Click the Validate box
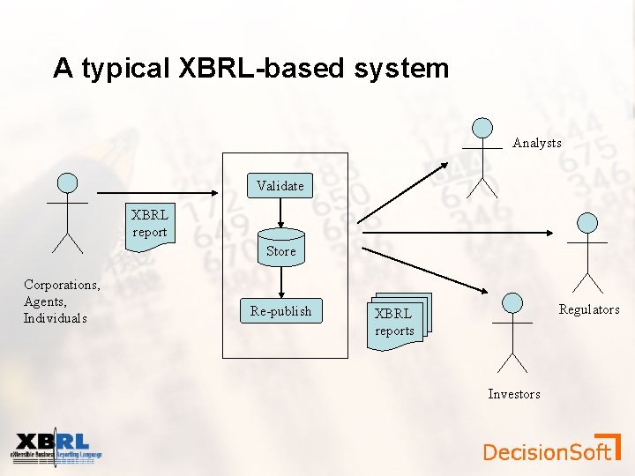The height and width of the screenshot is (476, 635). coord(280,185)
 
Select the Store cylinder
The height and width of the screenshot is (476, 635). coord(280,248)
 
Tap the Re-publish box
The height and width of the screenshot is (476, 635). coord(280,311)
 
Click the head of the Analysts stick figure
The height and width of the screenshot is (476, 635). coord(482,128)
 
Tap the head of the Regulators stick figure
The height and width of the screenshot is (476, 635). coord(586,222)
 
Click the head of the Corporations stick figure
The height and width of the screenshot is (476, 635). coord(67,182)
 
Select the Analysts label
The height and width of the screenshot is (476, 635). coord(537,143)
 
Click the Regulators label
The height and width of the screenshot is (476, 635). coord(589,309)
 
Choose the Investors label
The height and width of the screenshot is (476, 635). coord(514,394)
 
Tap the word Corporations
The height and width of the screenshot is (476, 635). coord(61,285)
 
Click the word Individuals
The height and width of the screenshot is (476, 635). coord(56,318)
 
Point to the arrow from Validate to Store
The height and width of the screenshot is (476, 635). coord(280,212)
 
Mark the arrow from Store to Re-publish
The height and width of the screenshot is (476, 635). coord(280,280)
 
